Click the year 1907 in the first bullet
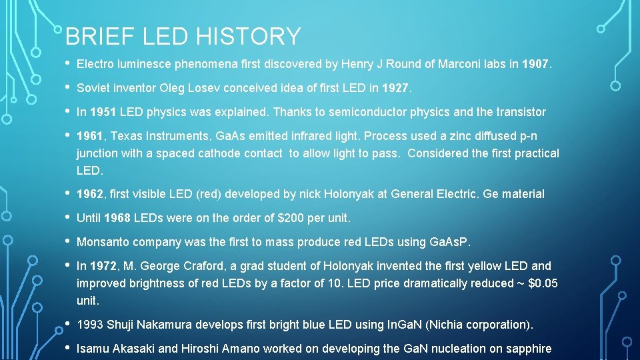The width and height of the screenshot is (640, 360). click(x=536, y=65)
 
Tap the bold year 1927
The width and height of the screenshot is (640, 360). click(x=397, y=88)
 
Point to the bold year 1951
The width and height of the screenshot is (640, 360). click(x=103, y=112)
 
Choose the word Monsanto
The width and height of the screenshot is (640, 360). click(x=103, y=242)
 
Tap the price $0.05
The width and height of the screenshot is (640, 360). click(x=543, y=283)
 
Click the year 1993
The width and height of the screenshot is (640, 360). click(x=90, y=325)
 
